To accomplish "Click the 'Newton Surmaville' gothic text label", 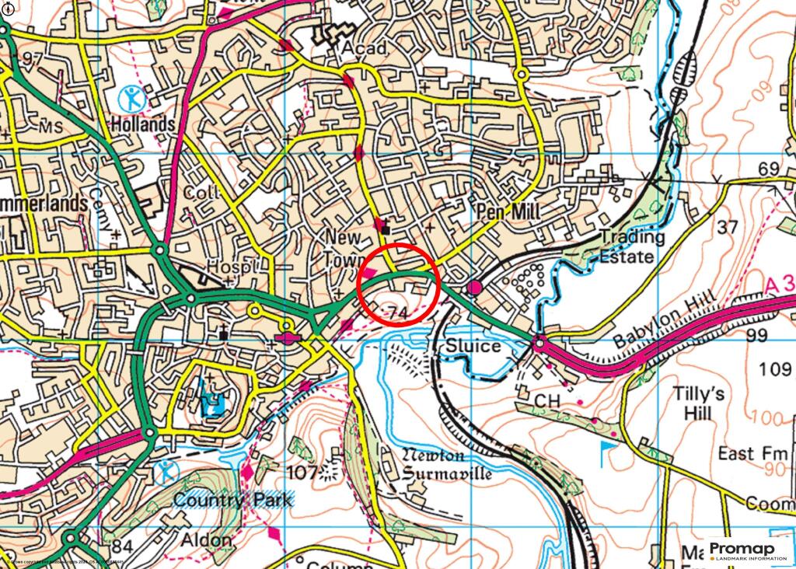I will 446,464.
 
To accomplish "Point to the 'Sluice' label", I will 473,345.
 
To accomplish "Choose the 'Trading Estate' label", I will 632,246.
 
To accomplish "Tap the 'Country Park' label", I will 233,500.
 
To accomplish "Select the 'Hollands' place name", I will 142,124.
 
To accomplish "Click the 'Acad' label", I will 364,49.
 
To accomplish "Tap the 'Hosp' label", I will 229,267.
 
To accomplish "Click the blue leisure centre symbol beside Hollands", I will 131,97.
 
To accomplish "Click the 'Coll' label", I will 197,192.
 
